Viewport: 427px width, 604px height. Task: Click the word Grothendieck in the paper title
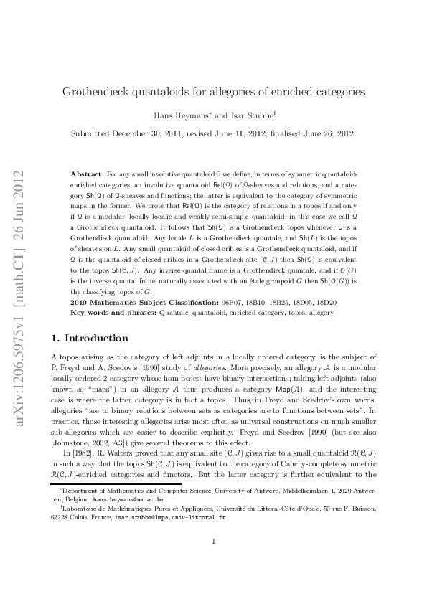[98, 93]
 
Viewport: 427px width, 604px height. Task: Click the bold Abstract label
[88, 174]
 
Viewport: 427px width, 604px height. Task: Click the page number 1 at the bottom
[214, 562]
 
